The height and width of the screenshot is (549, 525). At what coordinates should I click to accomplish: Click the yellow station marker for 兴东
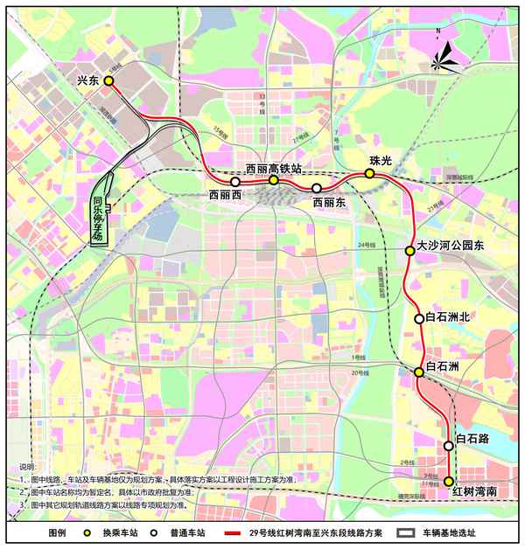(109, 80)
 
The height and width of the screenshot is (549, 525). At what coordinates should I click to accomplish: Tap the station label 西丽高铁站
(273, 168)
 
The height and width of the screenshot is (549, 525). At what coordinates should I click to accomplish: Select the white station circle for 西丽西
(235, 182)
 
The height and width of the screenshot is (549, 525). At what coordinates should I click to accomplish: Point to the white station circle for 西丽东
(317, 188)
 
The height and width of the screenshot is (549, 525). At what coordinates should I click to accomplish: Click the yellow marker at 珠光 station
(370, 173)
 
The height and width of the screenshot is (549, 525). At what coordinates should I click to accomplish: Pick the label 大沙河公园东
(450, 247)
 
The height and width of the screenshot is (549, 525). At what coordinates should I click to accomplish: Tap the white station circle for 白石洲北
(419, 319)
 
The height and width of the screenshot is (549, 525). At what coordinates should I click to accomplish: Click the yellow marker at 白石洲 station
(419, 372)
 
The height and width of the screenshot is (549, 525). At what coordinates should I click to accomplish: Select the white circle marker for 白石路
(449, 445)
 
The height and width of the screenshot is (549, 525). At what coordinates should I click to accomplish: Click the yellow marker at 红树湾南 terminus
(449, 481)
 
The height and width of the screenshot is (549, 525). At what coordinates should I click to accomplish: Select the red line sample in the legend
(232, 532)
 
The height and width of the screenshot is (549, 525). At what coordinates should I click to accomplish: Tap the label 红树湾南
(474, 494)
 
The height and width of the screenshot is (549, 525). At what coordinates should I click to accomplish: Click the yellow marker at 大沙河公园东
(409, 251)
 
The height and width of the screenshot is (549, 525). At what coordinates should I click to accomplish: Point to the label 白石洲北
(447, 317)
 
